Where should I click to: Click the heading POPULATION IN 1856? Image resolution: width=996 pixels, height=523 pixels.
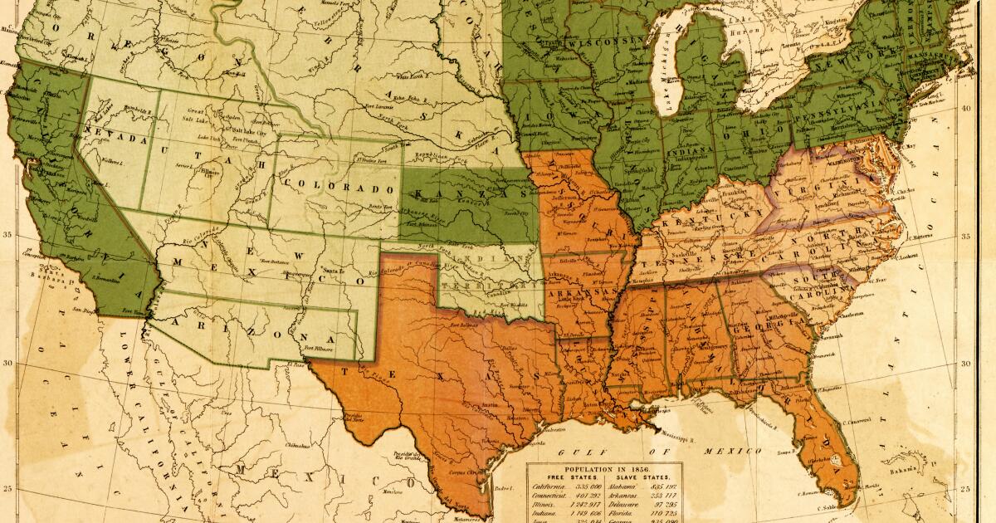(604, 469)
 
